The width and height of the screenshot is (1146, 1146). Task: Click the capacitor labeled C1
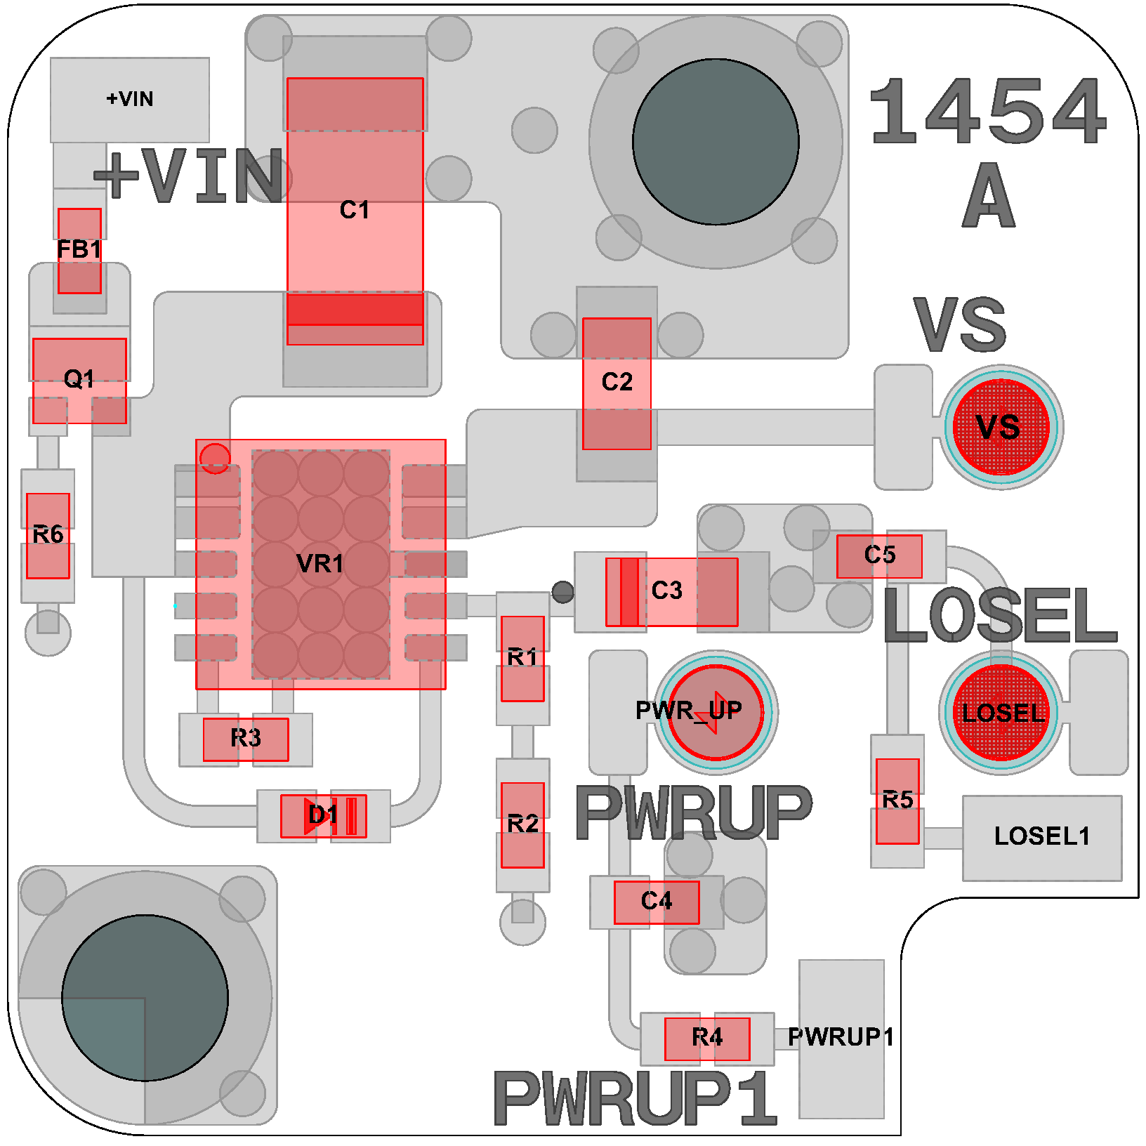tap(355, 211)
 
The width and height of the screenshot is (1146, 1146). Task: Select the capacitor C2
tap(617, 383)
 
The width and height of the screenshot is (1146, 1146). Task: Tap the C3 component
tap(671, 591)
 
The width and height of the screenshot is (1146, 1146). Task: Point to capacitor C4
tap(656, 902)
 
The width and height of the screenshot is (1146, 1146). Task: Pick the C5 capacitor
tap(878, 556)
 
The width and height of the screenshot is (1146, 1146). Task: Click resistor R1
tap(522, 658)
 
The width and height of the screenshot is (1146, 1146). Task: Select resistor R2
tap(522, 824)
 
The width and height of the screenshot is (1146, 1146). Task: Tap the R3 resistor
tap(245, 739)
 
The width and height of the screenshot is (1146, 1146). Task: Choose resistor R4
tap(706, 1038)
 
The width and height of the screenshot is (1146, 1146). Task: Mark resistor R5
tap(897, 801)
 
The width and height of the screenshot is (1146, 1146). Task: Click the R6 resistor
tap(48, 535)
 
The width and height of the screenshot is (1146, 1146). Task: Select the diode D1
tap(323, 815)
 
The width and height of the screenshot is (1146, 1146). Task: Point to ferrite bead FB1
tap(79, 250)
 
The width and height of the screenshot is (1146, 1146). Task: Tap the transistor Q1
tap(79, 380)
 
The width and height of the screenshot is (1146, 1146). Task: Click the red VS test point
tap(1001, 427)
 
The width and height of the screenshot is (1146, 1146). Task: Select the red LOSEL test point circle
tap(1001, 712)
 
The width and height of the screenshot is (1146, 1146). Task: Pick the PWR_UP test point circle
tap(715, 712)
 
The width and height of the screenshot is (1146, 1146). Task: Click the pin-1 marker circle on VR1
tap(215, 458)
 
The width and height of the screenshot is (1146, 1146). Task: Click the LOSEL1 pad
tap(1041, 837)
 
